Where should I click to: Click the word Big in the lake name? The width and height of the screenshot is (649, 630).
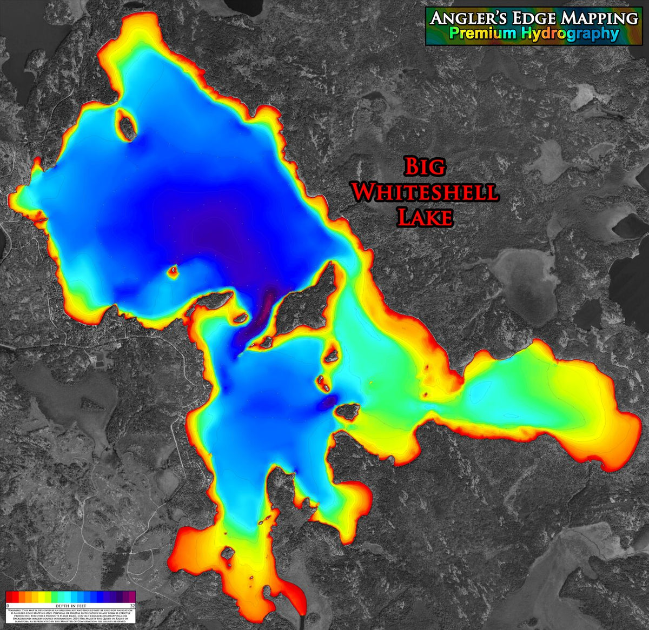click(425, 167)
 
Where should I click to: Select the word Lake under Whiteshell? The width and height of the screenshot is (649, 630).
click(425, 217)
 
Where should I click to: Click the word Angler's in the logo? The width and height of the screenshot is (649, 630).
click(466, 18)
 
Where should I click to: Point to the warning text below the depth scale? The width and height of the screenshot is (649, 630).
click(70, 616)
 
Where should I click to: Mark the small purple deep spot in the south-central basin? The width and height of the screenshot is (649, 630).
click(328, 401)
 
